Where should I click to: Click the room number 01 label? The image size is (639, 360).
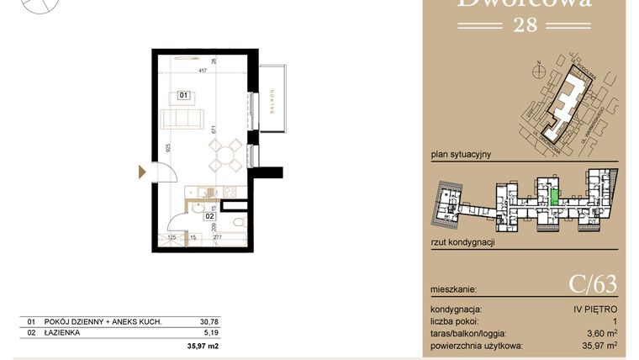(182, 95)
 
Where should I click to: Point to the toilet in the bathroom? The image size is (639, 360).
(239, 222)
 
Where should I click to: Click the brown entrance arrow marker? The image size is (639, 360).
(142, 172)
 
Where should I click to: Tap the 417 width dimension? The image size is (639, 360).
(203, 71)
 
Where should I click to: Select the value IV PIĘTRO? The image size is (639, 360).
(598, 310)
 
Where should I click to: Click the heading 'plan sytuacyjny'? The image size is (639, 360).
(460, 155)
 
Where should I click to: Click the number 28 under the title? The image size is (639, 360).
(523, 24)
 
